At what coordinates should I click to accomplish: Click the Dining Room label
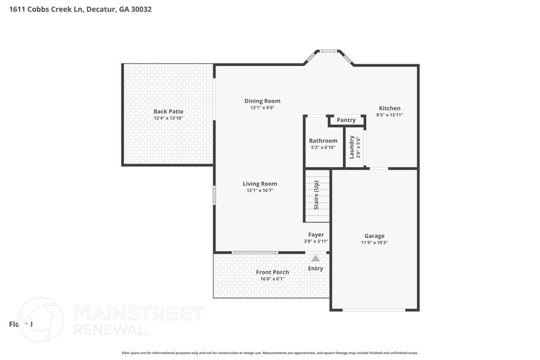tap(262, 101)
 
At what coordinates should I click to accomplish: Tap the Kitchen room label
tap(389, 108)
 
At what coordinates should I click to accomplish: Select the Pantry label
tap(346, 120)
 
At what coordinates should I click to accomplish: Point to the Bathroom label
tap(323, 141)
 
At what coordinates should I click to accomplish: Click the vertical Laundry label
tap(351, 147)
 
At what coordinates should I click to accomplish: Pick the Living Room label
tap(260, 184)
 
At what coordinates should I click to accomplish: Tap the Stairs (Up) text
tap(316, 195)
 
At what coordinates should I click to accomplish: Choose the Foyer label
tap(316, 234)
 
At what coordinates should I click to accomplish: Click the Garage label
tap(374, 236)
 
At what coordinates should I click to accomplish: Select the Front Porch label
tap(272, 272)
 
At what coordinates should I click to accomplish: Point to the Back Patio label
tap(168, 111)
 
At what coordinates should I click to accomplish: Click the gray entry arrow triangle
tap(315, 258)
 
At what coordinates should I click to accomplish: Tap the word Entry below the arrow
tap(315, 268)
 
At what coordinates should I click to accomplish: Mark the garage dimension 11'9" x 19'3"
tap(374, 242)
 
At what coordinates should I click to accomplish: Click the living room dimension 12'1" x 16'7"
tap(260, 190)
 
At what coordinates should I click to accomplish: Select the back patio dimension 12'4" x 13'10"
tap(168, 118)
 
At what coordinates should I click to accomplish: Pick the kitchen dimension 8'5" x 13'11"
tap(389, 115)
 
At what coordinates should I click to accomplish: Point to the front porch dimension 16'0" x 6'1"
tap(272, 279)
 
